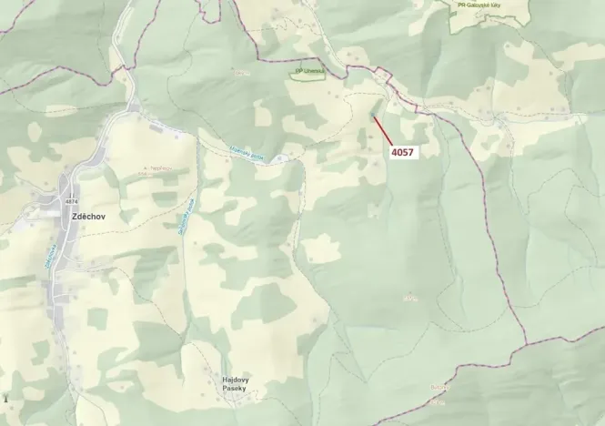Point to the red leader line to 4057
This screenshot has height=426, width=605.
(x=382, y=131)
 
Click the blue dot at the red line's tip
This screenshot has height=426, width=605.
(x=374, y=115)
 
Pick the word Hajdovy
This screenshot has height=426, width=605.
(x=237, y=380)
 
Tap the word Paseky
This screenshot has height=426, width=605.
(x=237, y=389)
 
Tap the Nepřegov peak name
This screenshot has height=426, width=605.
(x=158, y=169)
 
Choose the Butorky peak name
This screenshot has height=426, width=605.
(x=440, y=387)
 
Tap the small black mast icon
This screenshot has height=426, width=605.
(x=7, y=398)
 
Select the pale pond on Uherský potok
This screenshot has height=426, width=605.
(x=285, y=159)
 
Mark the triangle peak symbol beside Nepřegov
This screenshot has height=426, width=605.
(x=144, y=169)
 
